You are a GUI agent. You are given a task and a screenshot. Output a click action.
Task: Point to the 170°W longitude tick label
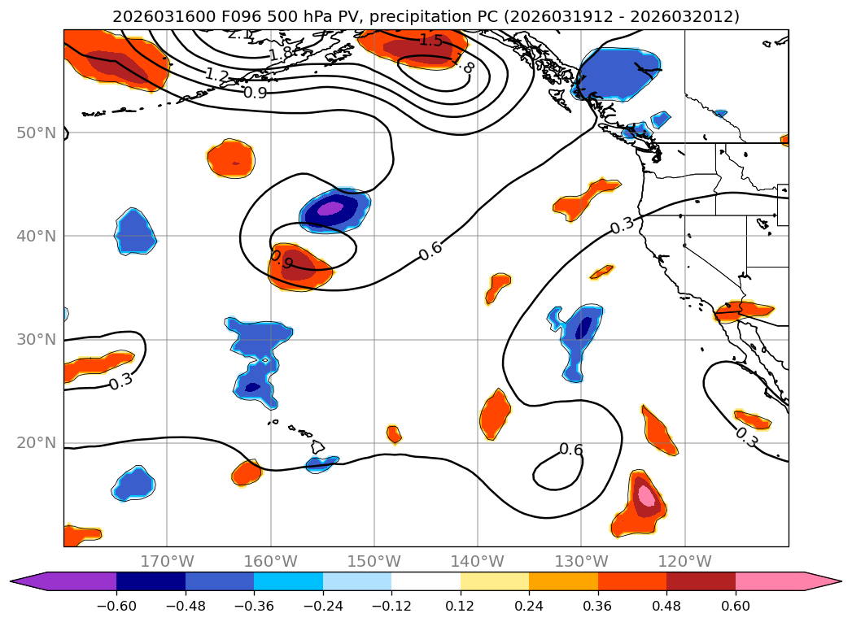pos(167,561)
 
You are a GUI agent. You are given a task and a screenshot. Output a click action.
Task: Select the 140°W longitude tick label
pos(478,561)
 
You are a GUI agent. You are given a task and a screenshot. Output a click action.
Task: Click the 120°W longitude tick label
pos(685,561)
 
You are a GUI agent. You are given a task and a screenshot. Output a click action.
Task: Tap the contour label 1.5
pos(430,40)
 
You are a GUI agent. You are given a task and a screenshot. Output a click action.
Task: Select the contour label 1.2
pos(216,76)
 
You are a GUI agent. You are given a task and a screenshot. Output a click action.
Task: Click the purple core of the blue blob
pos(330,209)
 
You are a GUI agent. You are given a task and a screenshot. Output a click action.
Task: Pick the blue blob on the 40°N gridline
pos(134,232)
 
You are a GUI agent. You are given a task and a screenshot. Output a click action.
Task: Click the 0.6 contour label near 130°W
pos(570,450)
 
